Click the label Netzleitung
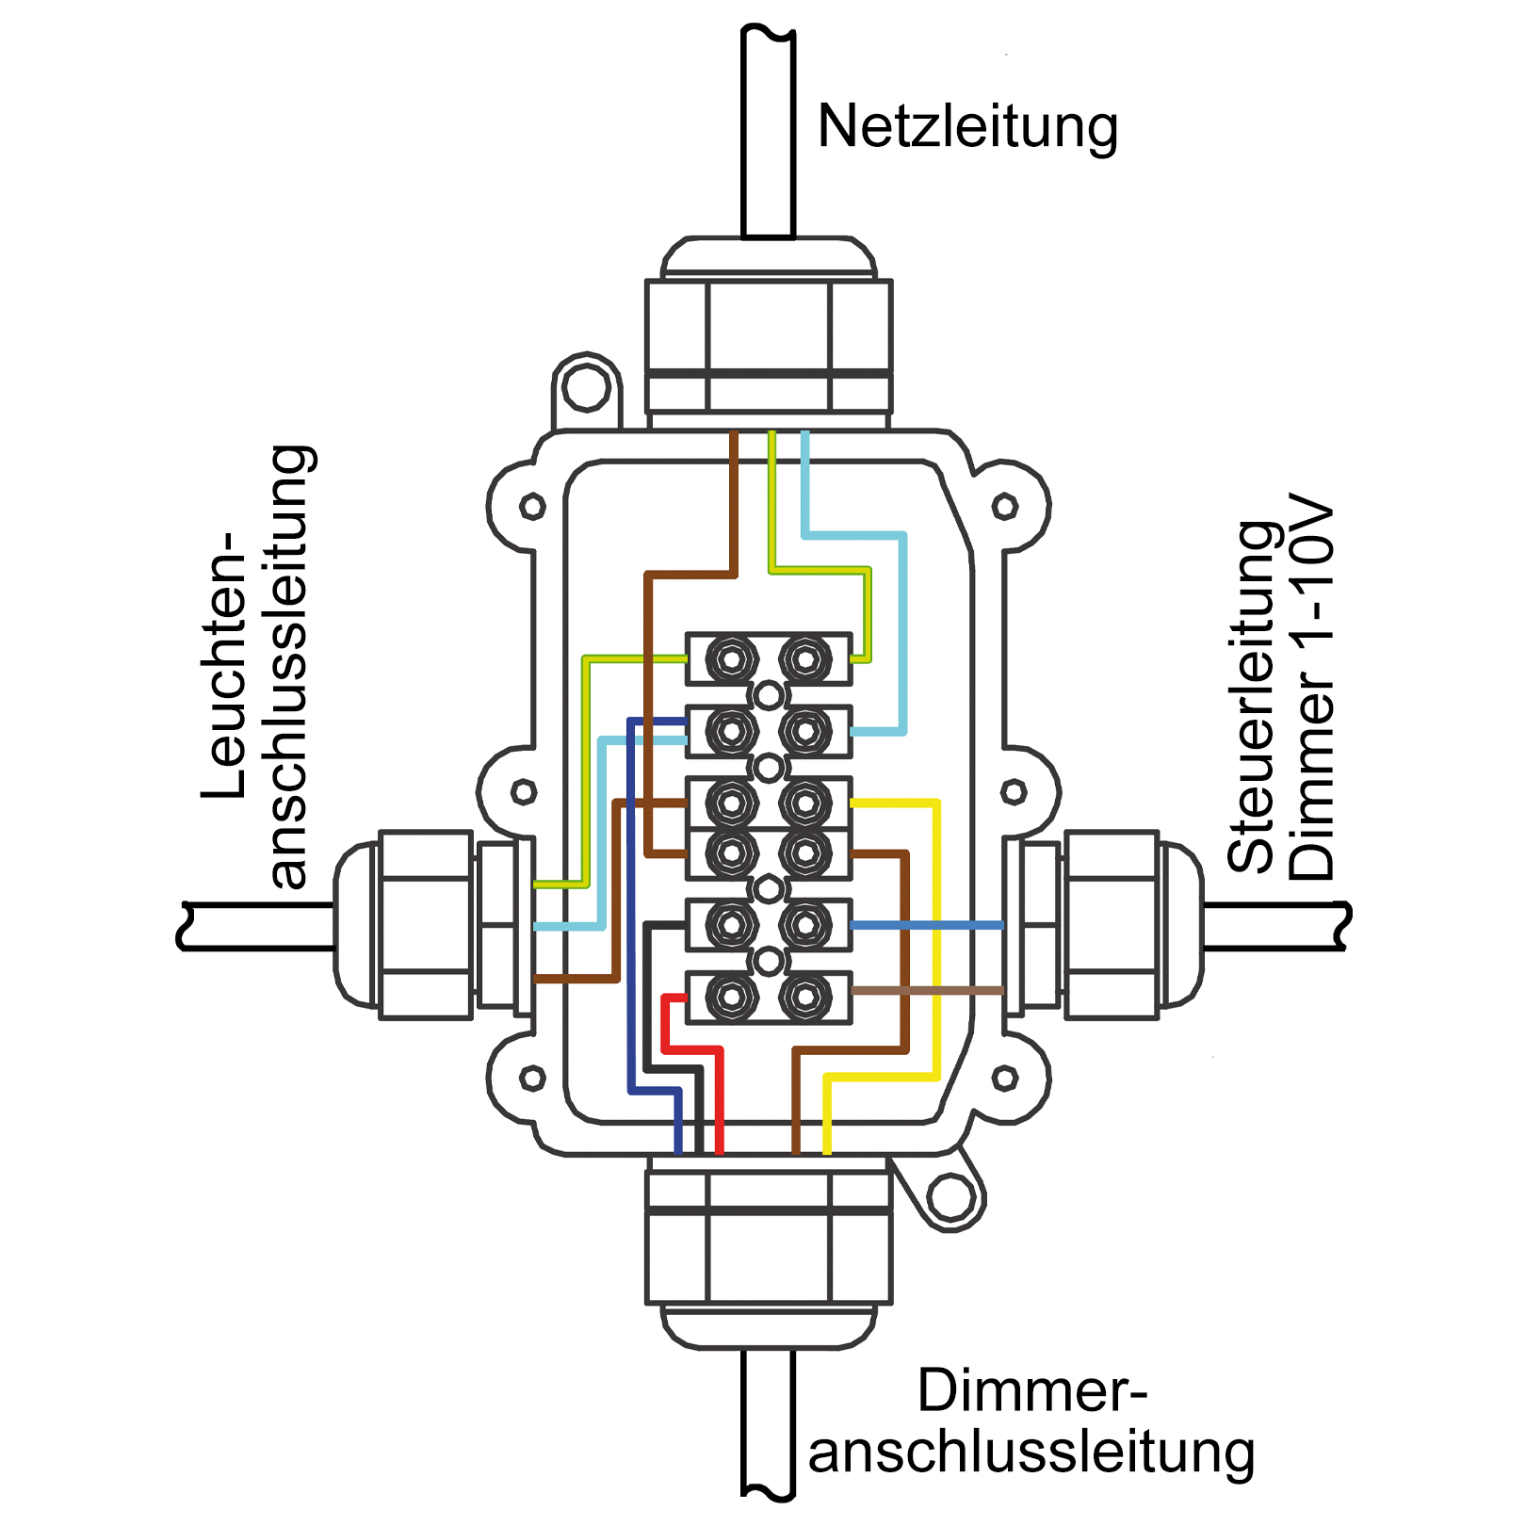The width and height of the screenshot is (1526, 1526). tap(967, 127)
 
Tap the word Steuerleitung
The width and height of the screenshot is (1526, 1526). tap(1254, 697)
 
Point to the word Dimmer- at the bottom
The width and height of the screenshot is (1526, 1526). tap(1032, 1390)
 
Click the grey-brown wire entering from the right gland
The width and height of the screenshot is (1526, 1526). tap(927, 990)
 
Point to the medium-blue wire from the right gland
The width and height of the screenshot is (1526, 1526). tap(927, 926)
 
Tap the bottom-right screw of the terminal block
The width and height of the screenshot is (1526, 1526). tap(804, 998)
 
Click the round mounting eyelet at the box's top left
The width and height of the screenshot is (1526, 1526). tap(586, 387)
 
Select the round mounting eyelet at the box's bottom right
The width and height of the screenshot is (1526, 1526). tap(951, 1197)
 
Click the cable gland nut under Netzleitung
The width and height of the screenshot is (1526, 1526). tap(769, 345)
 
